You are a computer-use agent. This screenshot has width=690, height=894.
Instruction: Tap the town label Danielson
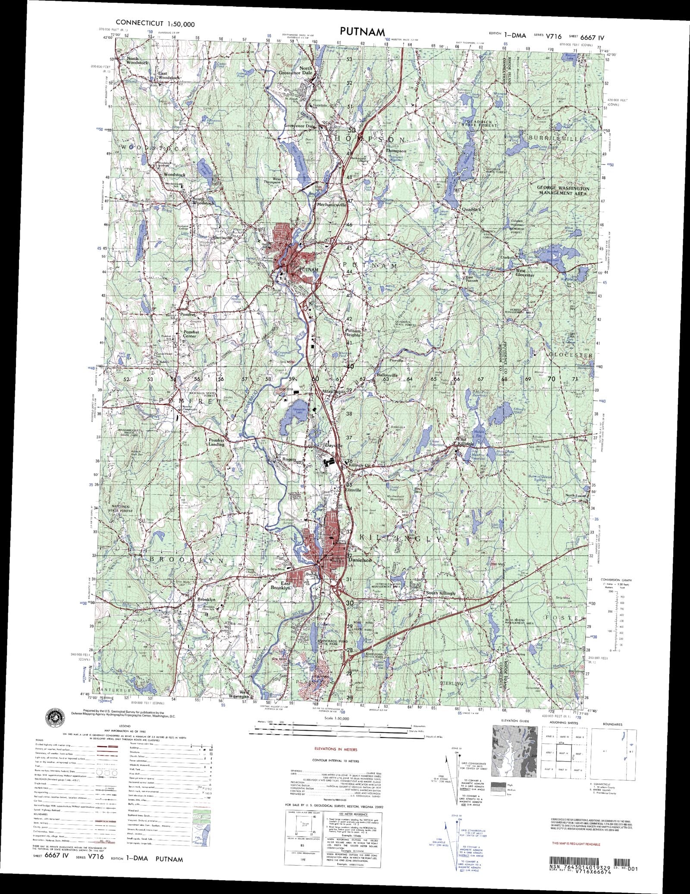(359, 560)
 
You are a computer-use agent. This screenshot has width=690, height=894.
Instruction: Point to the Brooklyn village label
(206, 600)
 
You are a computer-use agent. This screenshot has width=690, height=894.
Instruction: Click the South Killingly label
(440, 593)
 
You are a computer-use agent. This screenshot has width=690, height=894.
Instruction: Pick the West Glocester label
(525, 272)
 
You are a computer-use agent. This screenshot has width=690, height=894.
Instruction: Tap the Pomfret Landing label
(216, 442)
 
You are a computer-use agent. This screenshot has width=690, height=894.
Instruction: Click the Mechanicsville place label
(331, 205)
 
